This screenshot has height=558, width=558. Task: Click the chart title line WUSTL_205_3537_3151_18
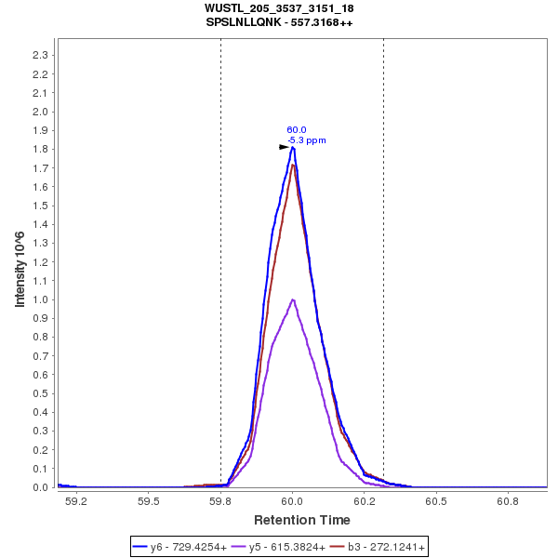[x=279, y=8]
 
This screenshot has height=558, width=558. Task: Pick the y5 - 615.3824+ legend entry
[x=287, y=547]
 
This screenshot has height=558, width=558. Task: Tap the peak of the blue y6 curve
[x=293, y=147]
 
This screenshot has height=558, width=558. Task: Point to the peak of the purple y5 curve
[x=293, y=299]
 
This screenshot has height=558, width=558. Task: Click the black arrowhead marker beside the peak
[x=285, y=147]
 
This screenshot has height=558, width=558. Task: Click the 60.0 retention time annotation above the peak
[x=297, y=130]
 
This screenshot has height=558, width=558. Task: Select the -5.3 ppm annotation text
[x=307, y=140]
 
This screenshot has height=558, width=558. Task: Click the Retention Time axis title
[x=302, y=520]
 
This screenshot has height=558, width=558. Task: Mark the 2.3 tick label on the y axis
[x=40, y=55]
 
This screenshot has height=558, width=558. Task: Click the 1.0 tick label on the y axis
[x=40, y=299]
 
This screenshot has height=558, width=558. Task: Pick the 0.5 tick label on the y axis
[x=40, y=393]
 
